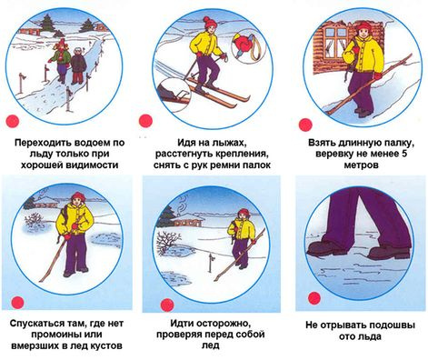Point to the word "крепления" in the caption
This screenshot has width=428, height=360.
tap(243, 154)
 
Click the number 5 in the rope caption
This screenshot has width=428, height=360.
tap(404, 154)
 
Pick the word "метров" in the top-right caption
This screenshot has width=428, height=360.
tap(361, 165)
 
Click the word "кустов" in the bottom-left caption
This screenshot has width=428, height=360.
tap(106, 345)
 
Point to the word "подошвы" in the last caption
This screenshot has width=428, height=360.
tap(393, 325)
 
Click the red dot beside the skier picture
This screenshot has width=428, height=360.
tap(145, 121)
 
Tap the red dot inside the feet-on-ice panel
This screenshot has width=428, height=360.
tap(314, 298)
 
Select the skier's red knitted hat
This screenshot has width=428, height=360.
tap(210, 22)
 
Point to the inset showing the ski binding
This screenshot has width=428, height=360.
tap(174, 93)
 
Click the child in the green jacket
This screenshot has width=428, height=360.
tap(62, 62)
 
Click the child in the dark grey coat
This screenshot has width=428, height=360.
tap(78, 65)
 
